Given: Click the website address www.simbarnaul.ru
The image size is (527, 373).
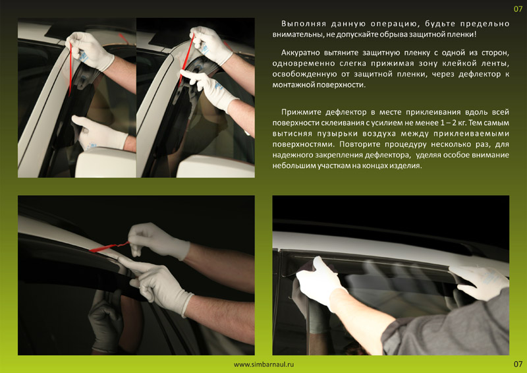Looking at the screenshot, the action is pyautogui.click(x=264, y=364).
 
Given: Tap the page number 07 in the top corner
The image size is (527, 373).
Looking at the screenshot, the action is pyautogui.click(x=518, y=9).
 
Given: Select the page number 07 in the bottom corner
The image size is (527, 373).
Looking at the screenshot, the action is pyautogui.click(x=518, y=364).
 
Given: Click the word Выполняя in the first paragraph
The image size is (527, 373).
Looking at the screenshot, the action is pyautogui.click(x=304, y=24).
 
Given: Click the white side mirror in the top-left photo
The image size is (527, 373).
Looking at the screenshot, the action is pyautogui.click(x=105, y=163).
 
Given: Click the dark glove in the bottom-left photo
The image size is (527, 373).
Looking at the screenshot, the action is pyautogui.click(x=105, y=320).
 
